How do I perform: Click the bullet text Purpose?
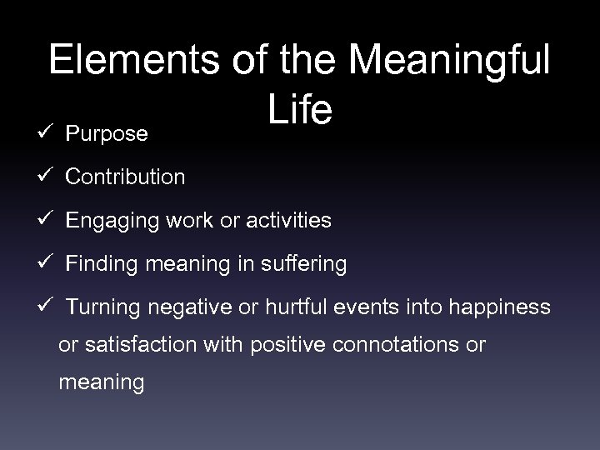coord(107,133)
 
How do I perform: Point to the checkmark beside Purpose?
coord(46,133)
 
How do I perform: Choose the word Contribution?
coord(125,177)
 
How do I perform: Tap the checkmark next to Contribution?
coord(46,177)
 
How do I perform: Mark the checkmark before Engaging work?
coord(46,221)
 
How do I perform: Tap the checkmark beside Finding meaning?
coord(46,264)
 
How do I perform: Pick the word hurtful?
coord(287,307)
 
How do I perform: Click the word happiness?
coord(497,307)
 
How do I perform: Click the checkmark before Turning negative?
coord(46,307)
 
